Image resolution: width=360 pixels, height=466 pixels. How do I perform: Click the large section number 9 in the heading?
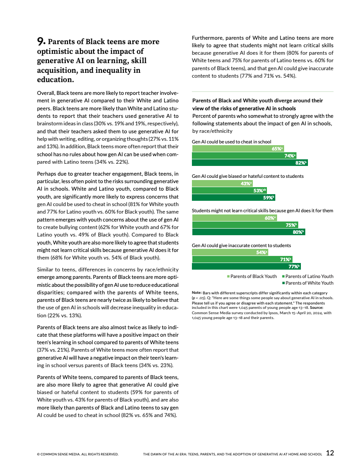pyautogui.click(x=41, y=41)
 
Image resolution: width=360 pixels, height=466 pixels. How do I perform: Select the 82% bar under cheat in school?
pyautogui.click(x=249, y=163)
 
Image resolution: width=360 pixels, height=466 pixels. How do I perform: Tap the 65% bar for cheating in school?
pyautogui.click(x=238, y=149)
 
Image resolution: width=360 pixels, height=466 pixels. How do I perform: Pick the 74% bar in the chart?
pyautogui.click(x=244, y=156)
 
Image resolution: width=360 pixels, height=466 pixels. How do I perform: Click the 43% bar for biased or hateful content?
pyautogui.click(x=222, y=184)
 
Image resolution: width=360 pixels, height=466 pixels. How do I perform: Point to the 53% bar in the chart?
pyautogui.click(x=229, y=191)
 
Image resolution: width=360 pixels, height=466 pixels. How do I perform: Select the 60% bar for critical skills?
pyautogui.click(x=234, y=218)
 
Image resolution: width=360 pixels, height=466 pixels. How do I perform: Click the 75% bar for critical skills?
pyautogui.click(x=245, y=225)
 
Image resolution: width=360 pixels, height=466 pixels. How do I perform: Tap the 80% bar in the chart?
pyautogui.click(x=248, y=232)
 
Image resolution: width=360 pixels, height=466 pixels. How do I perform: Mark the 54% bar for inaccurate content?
pyautogui.click(x=230, y=252)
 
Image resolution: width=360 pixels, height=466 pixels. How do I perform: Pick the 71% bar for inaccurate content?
pyautogui.click(x=242, y=259)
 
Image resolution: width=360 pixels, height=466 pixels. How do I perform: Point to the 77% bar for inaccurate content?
pyautogui.click(x=246, y=267)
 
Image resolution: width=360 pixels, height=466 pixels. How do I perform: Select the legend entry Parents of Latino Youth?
pyautogui.click(x=309, y=276)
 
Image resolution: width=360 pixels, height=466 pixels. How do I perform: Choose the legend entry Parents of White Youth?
pyautogui.click(x=309, y=283)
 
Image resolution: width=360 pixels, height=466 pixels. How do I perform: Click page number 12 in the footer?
pyautogui.click(x=330, y=452)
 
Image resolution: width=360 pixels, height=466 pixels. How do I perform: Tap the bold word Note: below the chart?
pyautogui.click(x=197, y=293)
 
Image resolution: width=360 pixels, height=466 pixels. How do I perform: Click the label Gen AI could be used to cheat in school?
pyautogui.click(x=232, y=142)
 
